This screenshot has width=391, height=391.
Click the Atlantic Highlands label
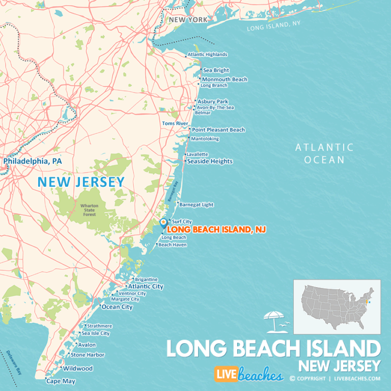207,54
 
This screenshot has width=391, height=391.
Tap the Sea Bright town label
216,70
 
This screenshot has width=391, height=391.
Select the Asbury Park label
213,101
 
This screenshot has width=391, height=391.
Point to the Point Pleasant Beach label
218,130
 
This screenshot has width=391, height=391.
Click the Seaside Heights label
210,161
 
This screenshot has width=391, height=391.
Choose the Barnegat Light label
197,205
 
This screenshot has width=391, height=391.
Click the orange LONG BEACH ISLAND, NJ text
216,230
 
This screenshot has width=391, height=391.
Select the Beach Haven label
173,245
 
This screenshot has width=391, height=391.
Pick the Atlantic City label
146,287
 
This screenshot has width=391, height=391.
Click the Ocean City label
117,307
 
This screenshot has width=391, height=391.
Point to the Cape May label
58,381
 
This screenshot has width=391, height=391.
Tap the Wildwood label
77,368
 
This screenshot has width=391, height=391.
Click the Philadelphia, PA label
33,161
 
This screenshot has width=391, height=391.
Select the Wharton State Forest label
89,210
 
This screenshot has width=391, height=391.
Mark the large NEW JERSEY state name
81,182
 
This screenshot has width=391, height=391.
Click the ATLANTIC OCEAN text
324,153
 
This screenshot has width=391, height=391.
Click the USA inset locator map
337,306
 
